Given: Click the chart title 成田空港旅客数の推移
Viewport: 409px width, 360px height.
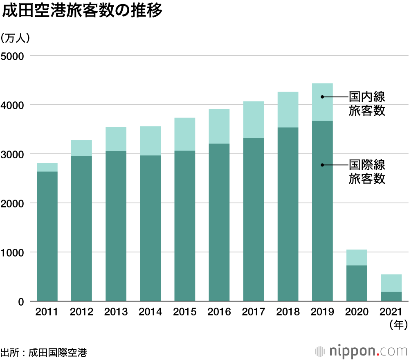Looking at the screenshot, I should [82, 11].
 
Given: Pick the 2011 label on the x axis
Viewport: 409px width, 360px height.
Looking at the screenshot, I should [47, 313].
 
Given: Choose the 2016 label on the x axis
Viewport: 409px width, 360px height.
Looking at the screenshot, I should [219, 313].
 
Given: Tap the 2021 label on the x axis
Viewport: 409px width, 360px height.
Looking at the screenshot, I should [391, 313].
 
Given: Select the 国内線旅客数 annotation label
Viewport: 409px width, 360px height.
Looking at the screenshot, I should [367, 103].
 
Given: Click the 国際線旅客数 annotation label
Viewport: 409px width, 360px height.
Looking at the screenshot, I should [367, 172].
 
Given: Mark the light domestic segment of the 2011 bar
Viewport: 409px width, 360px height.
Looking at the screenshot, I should [47, 167].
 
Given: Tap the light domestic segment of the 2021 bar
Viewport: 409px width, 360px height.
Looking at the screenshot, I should [391, 283].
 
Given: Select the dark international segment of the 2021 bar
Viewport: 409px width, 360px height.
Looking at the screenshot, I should [391, 296].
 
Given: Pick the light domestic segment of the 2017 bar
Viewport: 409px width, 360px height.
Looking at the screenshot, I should [253, 119].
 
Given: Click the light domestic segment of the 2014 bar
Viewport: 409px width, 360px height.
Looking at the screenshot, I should [150, 141].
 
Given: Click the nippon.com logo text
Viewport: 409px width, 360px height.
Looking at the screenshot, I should [366, 351].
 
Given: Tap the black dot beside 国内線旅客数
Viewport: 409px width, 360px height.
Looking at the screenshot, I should [322, 97].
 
